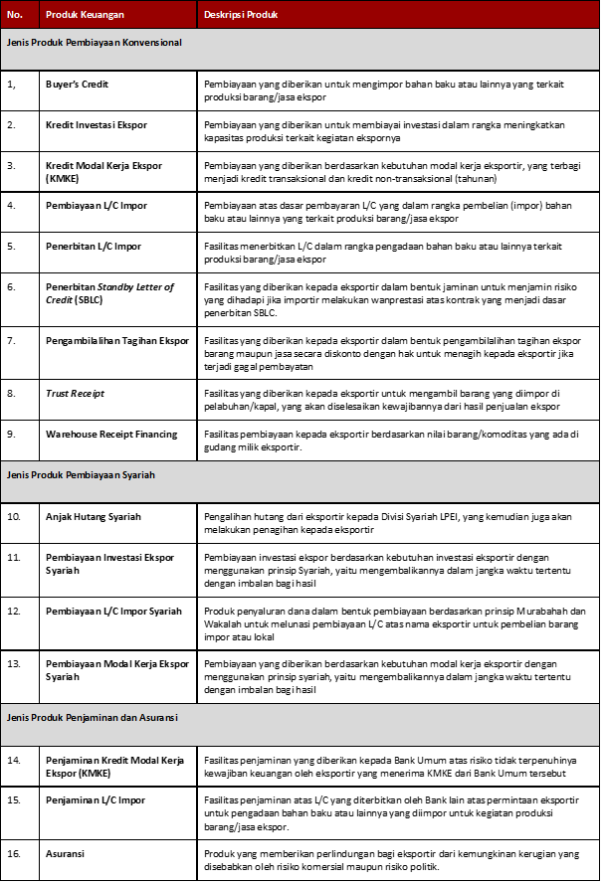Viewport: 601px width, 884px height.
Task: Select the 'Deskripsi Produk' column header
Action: pos(240,16)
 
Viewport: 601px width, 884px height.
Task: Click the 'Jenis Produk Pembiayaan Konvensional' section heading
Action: pos(95,44)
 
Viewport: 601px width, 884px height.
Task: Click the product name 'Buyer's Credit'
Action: pos(78,85)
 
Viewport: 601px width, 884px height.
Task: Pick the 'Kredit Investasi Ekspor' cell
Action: pos(96,125)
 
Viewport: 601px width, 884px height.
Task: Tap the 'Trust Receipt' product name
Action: pos(75,394)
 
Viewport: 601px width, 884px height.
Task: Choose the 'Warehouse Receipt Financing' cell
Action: pos(111,434)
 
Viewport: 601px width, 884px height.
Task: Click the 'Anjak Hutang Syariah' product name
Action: pos(94,517)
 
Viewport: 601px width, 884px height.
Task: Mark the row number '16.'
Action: pos(15,853)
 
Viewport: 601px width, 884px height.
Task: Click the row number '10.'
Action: pos(15,517)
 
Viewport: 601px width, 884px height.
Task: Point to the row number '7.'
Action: pos(12,340)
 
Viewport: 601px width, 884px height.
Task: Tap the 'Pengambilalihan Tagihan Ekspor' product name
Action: pos(116,340)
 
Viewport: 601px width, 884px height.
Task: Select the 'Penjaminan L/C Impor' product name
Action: pos(96,799)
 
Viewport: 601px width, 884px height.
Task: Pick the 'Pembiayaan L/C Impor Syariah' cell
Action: pos(113,611)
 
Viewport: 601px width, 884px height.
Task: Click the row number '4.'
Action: pos(12,205)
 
